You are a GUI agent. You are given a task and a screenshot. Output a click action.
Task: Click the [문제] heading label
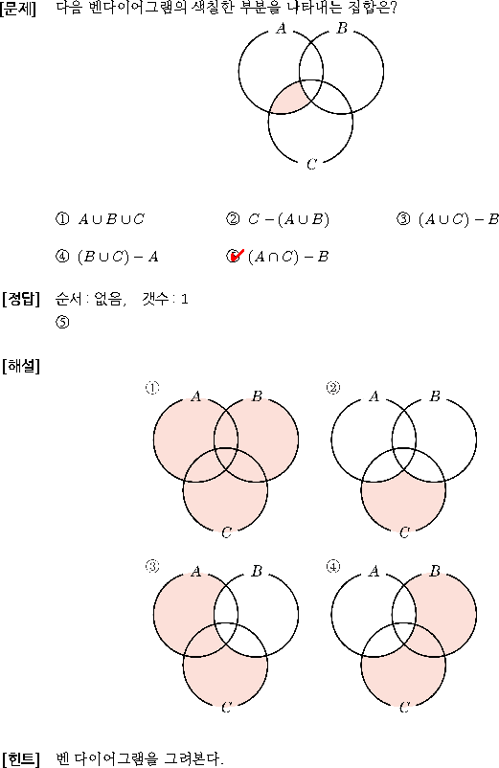pyautogui.click(x=18, y=9)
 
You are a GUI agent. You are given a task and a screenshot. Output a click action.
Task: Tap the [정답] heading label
pyautogui.click(x=20, y=298)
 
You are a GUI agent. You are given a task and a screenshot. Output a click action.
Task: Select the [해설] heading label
pyautogui.click(x=20, y=366)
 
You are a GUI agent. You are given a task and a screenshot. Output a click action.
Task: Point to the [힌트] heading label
pyautogui.click(x=20, y=758)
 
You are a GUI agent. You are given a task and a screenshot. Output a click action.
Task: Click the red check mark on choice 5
pyautogui.click(x=237, y=255)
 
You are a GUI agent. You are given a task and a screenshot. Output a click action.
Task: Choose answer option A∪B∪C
pyautogui.click(x=111, y=219)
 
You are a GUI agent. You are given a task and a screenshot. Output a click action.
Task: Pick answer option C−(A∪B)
pyautogui.click(x=288, y=219)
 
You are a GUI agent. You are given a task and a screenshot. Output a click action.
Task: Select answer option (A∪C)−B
pyautogui.click(x=459, y=219)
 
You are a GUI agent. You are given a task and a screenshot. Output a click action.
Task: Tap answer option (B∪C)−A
pyautogui.click(x=118, y=257)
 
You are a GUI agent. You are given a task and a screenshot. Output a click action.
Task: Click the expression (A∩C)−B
pyautogui.click(x=288, y=257)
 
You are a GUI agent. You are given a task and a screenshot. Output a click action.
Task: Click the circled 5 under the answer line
pyautogui.click(x=62, y=323)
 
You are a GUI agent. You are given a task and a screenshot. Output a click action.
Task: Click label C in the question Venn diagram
pyautogui.click(x=311, y=164)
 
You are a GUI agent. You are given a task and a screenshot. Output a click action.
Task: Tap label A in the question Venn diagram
pyautogui.click(x=281, y=29)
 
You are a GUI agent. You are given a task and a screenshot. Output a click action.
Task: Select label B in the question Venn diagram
pyautogui.click(x=342, y=29)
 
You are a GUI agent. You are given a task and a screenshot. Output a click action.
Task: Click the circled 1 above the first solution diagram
pyautogui.click(x=151, y=388)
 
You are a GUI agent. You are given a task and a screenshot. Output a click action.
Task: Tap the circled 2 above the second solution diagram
pyautogui.click(x=333, y=388)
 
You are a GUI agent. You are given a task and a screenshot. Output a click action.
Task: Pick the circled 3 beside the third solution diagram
pyautogui.click(x=151, y=567)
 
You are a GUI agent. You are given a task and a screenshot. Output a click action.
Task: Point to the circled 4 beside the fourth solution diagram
pyautogui.click(x=333, y=567)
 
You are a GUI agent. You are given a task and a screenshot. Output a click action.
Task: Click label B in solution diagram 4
pyautogui.click(x=435, y=571)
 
